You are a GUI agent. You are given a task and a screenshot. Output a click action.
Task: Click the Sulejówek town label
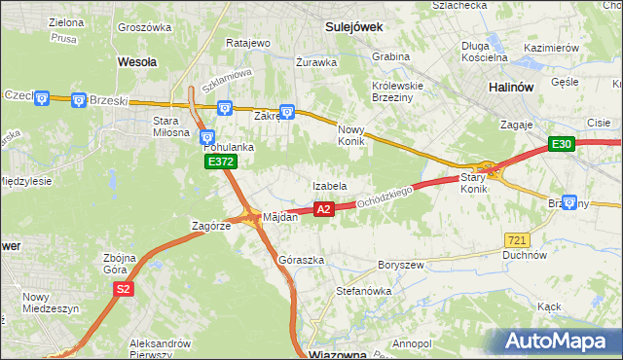pyautogui.click(x=354, y=28)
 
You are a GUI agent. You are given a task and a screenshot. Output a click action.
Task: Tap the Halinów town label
pyautogui.click(x=510, y=87)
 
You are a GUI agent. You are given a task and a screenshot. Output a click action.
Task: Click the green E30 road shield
pyautogui.click(x=561, y=144)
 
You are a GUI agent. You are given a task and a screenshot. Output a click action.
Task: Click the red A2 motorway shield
pyautogui.click(x=325, y=208)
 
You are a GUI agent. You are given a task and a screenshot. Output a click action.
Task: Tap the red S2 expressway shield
pyautogui.click(x=123, y=289)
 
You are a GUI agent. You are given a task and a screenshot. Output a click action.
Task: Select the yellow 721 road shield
pyautogui.click(x=517, y=239)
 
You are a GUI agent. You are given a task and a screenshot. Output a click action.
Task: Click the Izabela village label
pyautogui.click(x=329, y=186)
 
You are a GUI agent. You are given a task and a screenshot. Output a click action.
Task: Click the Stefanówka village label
pyautogui.click(x=362, y=290)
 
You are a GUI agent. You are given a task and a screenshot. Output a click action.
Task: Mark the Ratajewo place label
pyautogui.click(x=247, y=44)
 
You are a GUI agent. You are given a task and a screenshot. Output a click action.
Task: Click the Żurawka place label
pyautogui.click(x=316, y=62)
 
